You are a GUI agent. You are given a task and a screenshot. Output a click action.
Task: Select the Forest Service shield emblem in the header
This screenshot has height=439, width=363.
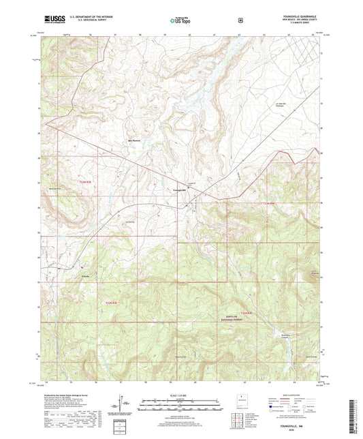pos(240,20)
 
